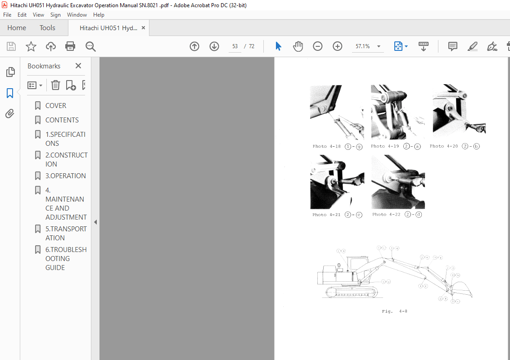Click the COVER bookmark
(56, 106)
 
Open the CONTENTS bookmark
(62, 120)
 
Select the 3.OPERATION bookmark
(65, 176)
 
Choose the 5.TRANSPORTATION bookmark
(65, 233)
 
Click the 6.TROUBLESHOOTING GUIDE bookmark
(65, 258)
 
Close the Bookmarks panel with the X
(78, 66)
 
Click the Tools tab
(47, 28)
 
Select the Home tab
(17, 28)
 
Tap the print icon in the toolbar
(70, 46)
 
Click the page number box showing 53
(235, 46)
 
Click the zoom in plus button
(338, 46)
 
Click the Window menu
(77, 15)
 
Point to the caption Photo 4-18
(326, 146)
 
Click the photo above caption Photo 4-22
(398, 182)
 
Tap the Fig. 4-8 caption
(394, 311)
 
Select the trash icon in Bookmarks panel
(55, 85)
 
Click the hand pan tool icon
(298, 46)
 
